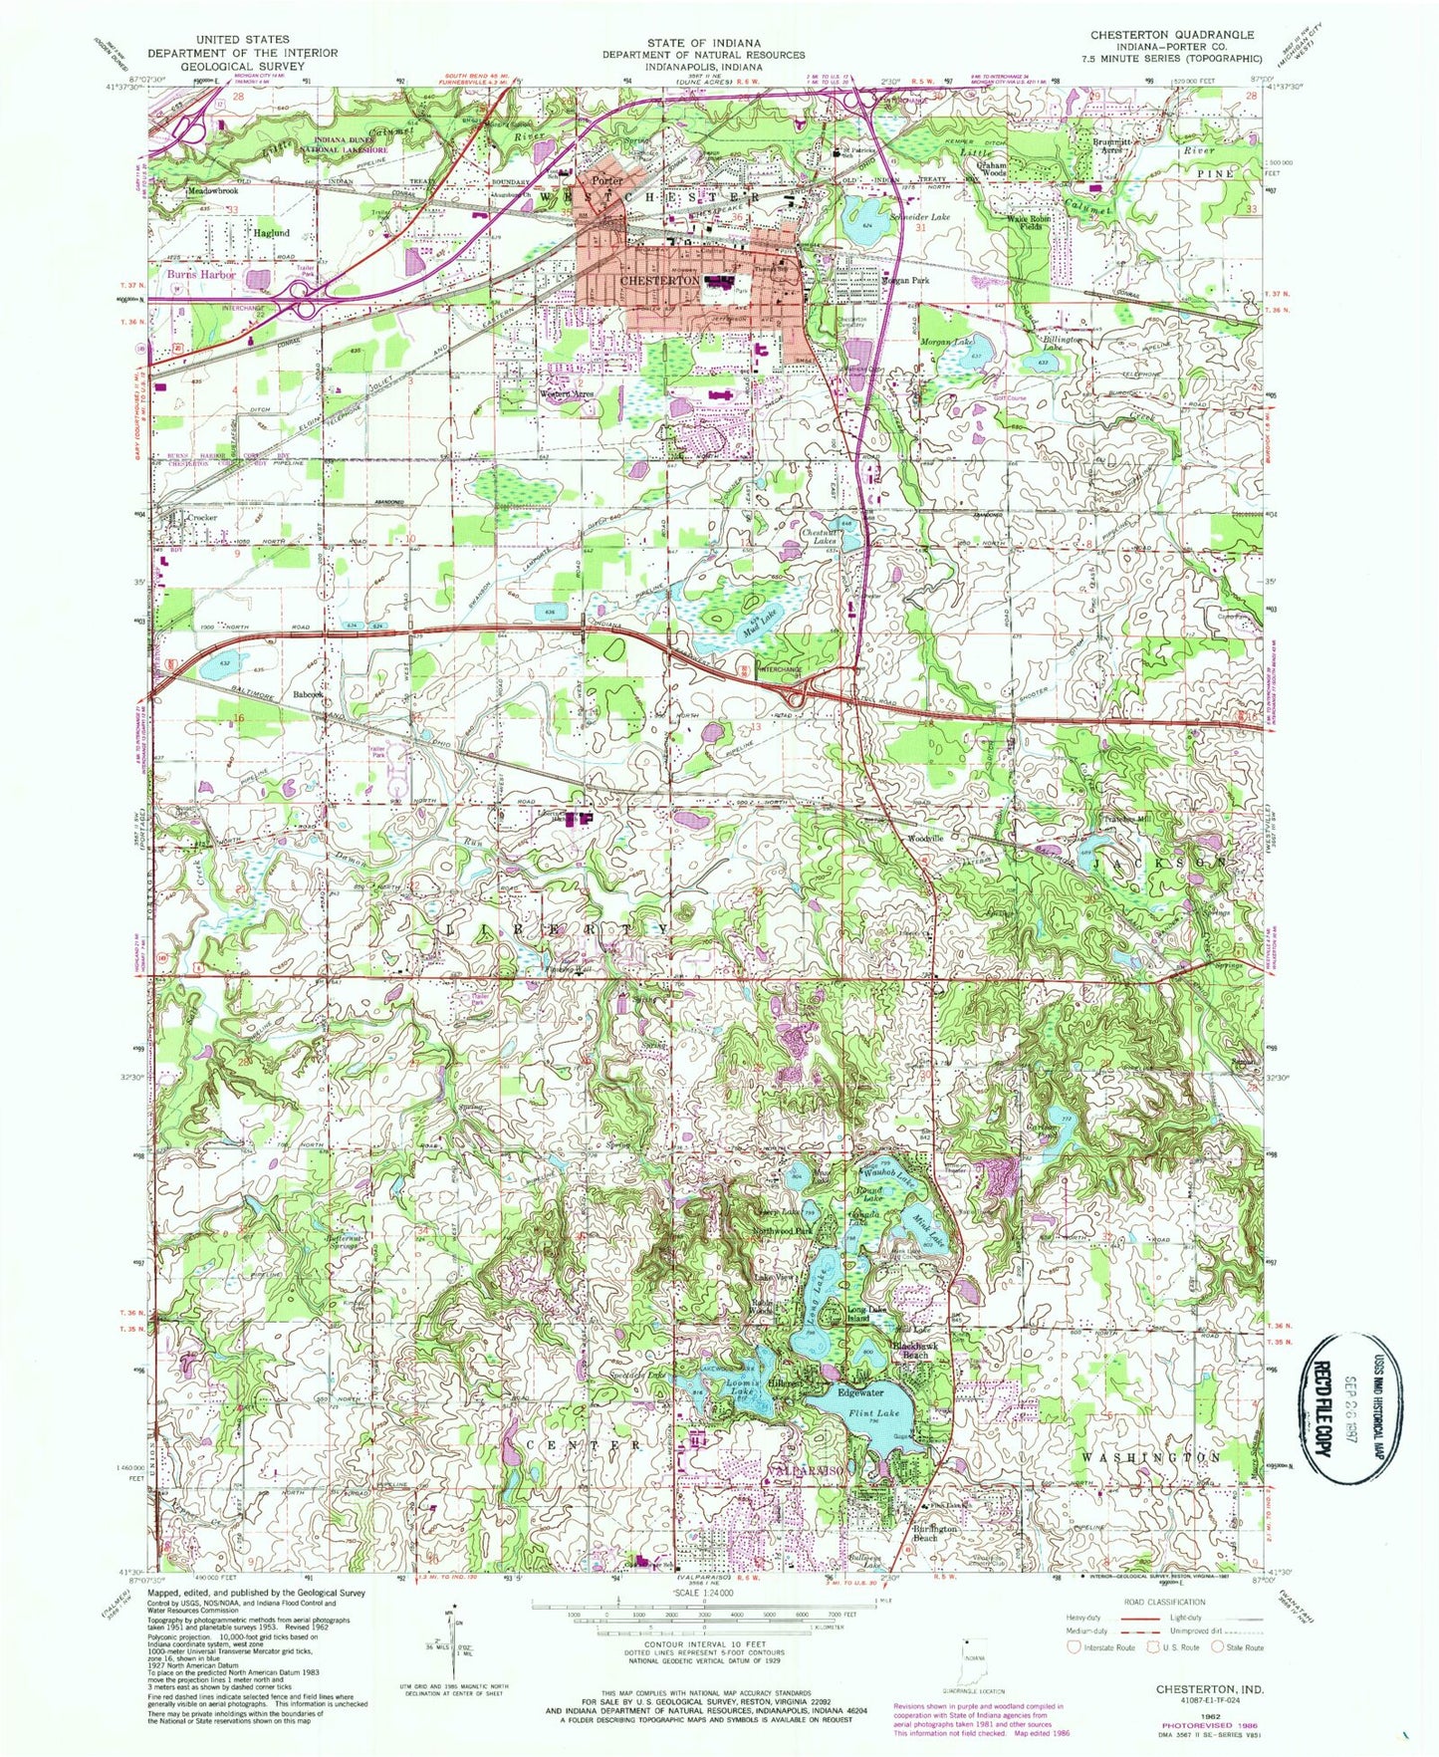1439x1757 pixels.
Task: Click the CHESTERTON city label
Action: pyautogui.click(x=658, y=282)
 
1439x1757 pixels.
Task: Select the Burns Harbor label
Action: pyautogui.click(x=201, y=274)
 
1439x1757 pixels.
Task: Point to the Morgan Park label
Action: pyautogui.click(x=905, y=281)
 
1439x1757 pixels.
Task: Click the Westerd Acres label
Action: pyautogui.click(x=567, y=393)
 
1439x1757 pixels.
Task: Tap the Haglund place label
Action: pyautogui.click(x=271, y=233)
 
